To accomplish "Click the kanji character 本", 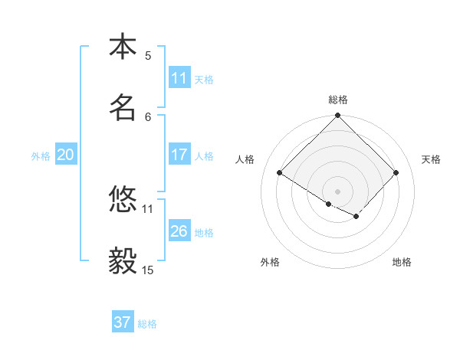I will pyautogui.click(x=123, y=47).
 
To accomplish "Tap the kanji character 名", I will pyautogui.click(x=123, y=108).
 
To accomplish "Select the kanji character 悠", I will pyautogui.click(x=123, y=200).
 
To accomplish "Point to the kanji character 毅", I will pyautogui.click(x=123, y=261).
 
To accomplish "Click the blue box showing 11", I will pyautogui.click(x=179, y=78).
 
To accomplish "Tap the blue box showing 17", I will pyautogui.click(x=179, y=155).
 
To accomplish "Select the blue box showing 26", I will pyautogui.click(x=179, y=231).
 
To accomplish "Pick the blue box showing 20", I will pyautogui.click(x=66, y=155).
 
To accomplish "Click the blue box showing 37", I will pyautogui.click(x=123, y=322).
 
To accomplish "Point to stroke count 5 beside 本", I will pyautogui.click(x=148, y=55).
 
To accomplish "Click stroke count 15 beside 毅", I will pyautogui.click(x=147, y=270).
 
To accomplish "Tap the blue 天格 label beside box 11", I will pyautogui.click(x=204, y=79).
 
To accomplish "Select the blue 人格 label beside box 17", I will pyautogui.click(x=204, y=155).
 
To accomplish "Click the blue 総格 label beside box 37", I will pyautogui.click(x=147, y=324).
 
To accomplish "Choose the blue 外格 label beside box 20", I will pyautogui.click(x=41, y=155).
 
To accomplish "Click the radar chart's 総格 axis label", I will pyautogui.click(x=338, y=100).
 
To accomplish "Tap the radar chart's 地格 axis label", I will pyautogui.click(x=402, y=262).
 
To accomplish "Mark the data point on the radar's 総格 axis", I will pyautogui.click(x=338, y=116).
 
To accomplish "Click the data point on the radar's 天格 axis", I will pyautogui.click(x=396, y=173).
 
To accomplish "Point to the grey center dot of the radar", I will pyautogui.click(x=338, y=191).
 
